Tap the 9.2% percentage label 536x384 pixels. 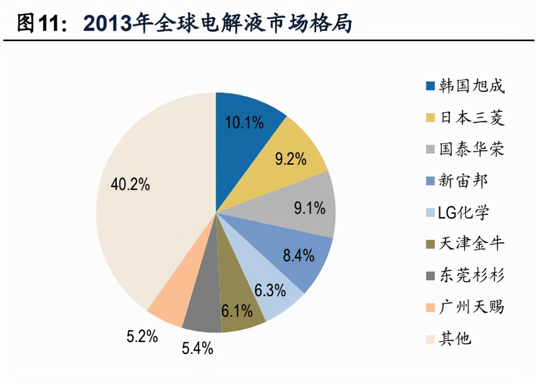pos(291,159)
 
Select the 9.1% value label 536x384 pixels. pos(309,208)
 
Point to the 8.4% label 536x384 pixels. pos(299,255)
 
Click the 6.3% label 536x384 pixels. pos(270,290)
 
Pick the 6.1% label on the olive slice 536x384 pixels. pos(237,311)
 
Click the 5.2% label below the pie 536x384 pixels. pos(142,336)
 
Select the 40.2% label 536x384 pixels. pos(130,184)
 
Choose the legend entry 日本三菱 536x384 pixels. pos(472,118)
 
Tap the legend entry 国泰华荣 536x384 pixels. pos(472,150)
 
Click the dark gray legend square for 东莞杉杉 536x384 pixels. pos(430,276)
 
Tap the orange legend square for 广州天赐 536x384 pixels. pos(430,307)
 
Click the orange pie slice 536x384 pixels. pos(167,310)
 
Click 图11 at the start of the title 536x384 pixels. pos(38,24)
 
